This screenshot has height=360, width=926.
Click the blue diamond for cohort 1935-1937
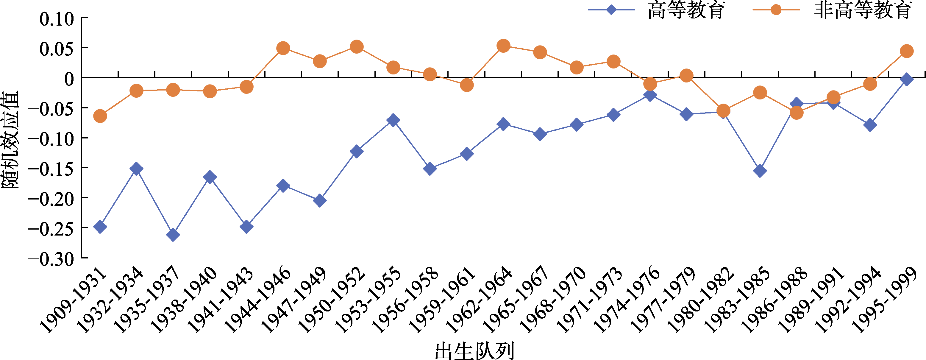[173, 235]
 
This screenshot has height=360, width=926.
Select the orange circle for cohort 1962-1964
[503, 46]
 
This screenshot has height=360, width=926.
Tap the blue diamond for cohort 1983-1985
[760, 171]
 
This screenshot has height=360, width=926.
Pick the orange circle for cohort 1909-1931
[100, 116]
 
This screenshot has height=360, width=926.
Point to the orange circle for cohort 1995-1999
[907, 51]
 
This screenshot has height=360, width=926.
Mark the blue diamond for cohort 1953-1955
[393, 120]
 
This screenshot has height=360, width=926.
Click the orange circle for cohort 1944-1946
[283, 48]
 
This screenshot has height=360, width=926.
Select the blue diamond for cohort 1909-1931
[100, 227]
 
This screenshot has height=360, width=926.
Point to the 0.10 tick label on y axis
[57, 19]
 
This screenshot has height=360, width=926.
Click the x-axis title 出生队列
[474, 351]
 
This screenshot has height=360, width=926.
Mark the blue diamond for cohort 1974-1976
[650, 95]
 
